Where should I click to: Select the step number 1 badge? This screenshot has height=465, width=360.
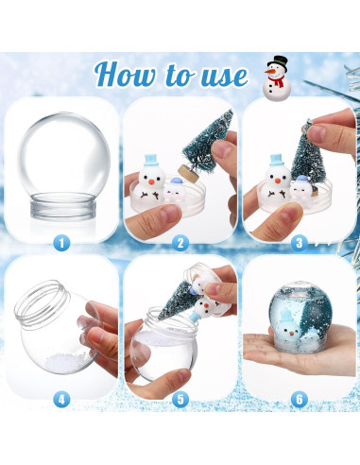pos(61,242)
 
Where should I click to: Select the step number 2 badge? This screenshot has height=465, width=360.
pos(180,242)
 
